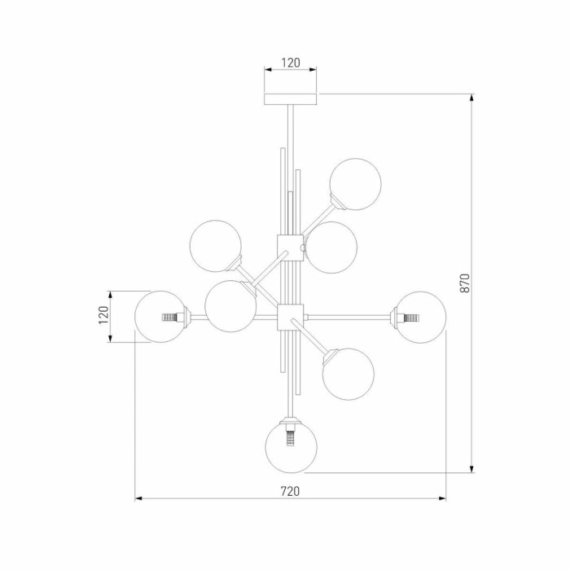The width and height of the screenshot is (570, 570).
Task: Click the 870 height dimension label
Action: point(465,283)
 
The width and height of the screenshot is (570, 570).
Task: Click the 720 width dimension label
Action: point(290,491)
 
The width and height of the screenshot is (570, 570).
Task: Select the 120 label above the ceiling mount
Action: point(291,63)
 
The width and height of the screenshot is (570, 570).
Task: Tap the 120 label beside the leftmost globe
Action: point(104,315)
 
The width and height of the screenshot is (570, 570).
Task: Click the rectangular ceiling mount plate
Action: point(291,99)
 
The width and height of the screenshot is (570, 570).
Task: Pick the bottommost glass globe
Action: point(292,447)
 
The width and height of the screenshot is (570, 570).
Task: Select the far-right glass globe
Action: point(420,317)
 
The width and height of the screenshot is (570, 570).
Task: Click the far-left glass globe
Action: point(160,317)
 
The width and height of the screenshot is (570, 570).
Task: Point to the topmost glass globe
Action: point(356,184)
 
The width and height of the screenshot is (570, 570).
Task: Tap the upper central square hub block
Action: point(290,248)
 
